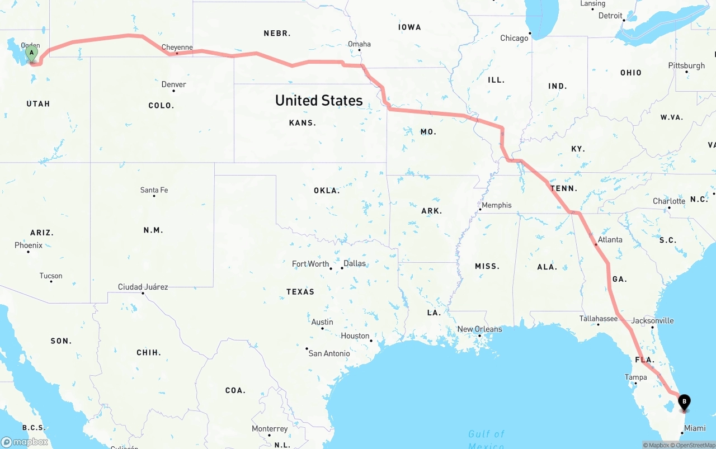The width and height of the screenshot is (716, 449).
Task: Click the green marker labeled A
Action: pos(32,54)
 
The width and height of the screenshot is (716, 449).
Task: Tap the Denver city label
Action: pos(173,84)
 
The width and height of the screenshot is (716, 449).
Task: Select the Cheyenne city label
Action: pos(177,48)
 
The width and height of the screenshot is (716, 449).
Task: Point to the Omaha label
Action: pos(359,44)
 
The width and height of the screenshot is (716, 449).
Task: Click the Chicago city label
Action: pos(514,38)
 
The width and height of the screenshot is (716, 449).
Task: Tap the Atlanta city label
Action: pos(610,239)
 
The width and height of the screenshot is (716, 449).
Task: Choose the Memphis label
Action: pos(496,205)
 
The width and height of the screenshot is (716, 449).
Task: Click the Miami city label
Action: pos(695,428)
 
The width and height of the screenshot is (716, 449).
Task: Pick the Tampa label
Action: pos(635,377)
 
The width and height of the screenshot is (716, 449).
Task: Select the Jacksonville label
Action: pos(652,320)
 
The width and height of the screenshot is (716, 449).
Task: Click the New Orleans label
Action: pos(479,329)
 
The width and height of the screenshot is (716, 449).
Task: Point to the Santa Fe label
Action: pos(154,190)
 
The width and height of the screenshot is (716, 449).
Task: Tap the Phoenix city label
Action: pos(29,245)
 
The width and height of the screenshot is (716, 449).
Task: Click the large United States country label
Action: pos(319,100)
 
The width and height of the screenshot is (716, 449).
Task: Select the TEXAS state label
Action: pos(300,291)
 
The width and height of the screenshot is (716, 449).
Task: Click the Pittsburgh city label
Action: pos(686,65)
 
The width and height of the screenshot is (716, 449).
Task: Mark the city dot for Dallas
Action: pos(342,268)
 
